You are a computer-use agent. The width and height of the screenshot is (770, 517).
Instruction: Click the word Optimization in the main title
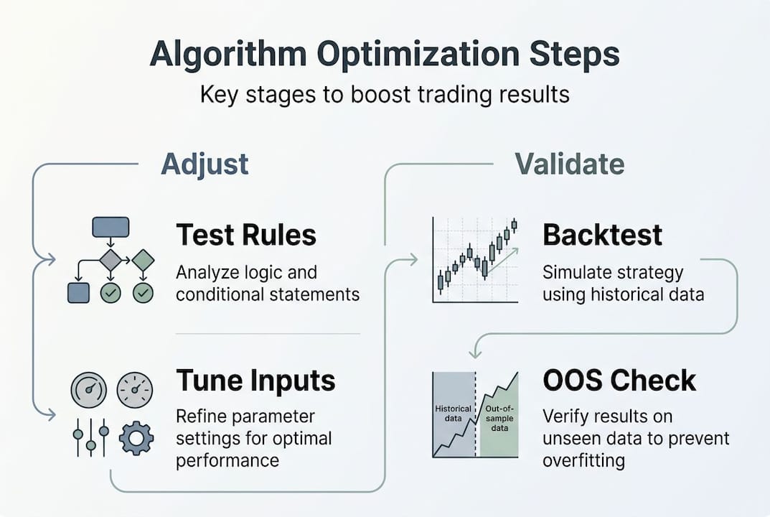pyautogui.click(x=385, y=56)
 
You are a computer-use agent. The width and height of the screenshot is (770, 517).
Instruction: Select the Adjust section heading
pyautogui.click(x=205, y=164)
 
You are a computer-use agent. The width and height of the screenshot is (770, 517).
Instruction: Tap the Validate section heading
pyautogui.click(x=569, y=164)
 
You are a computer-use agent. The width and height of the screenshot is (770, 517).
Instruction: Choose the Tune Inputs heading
pyautogui.click(x=256, y=381)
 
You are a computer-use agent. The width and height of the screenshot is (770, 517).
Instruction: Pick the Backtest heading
pyautogui.click(x=603, y=236)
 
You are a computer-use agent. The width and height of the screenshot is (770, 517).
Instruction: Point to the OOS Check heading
pyautogui.click(x=619, y=381)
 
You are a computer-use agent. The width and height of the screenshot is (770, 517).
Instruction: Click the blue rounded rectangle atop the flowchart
pyautogui.click(x=111, y=228)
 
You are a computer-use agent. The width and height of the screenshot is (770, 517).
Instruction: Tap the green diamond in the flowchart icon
pyautogui.click(x=144, y=260)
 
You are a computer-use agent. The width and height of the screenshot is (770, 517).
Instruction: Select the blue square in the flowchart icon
pyautogui.click(x=78, y=293)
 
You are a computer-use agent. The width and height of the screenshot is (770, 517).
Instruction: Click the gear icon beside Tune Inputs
pyautogui.click(x=136, y=438)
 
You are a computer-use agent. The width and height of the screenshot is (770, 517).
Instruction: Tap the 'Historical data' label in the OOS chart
pyautogui.click(x=454, y=414)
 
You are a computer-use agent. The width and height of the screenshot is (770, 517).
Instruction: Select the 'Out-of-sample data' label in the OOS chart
pyautogui.click(x=497, y=418)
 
